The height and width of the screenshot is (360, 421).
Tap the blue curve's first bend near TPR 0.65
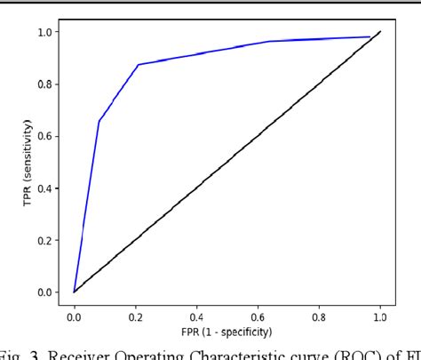(99, 122)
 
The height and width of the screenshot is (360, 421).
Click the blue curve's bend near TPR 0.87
(138, 65)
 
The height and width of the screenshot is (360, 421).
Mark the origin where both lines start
(74, 292)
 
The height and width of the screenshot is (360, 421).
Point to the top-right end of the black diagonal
(380, 32)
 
